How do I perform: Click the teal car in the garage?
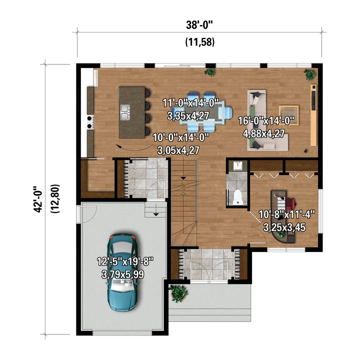click(x=122, y=272)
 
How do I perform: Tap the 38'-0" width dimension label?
click(x=199, y=25)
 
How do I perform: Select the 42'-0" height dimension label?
click(x=38, y=199)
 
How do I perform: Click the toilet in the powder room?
click(x=238, y=197)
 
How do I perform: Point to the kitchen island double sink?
click(x=125, y=112)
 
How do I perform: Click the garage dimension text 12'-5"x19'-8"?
click(x=125, y=261)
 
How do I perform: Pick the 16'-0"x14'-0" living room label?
click(x=266, y=121)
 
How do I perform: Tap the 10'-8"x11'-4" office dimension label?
click(x=286, y=215)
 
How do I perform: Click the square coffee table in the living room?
click(x=289, y=115)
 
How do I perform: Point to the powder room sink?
click(x=238, y=166)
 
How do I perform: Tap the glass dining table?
click(x=202, y=112)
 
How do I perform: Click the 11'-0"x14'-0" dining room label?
click(x=190, y=103)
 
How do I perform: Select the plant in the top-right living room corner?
click(x=310, y=74)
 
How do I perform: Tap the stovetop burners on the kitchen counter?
click(x=90, y=122)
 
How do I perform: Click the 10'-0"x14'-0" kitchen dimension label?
click(x=181, y=138)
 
